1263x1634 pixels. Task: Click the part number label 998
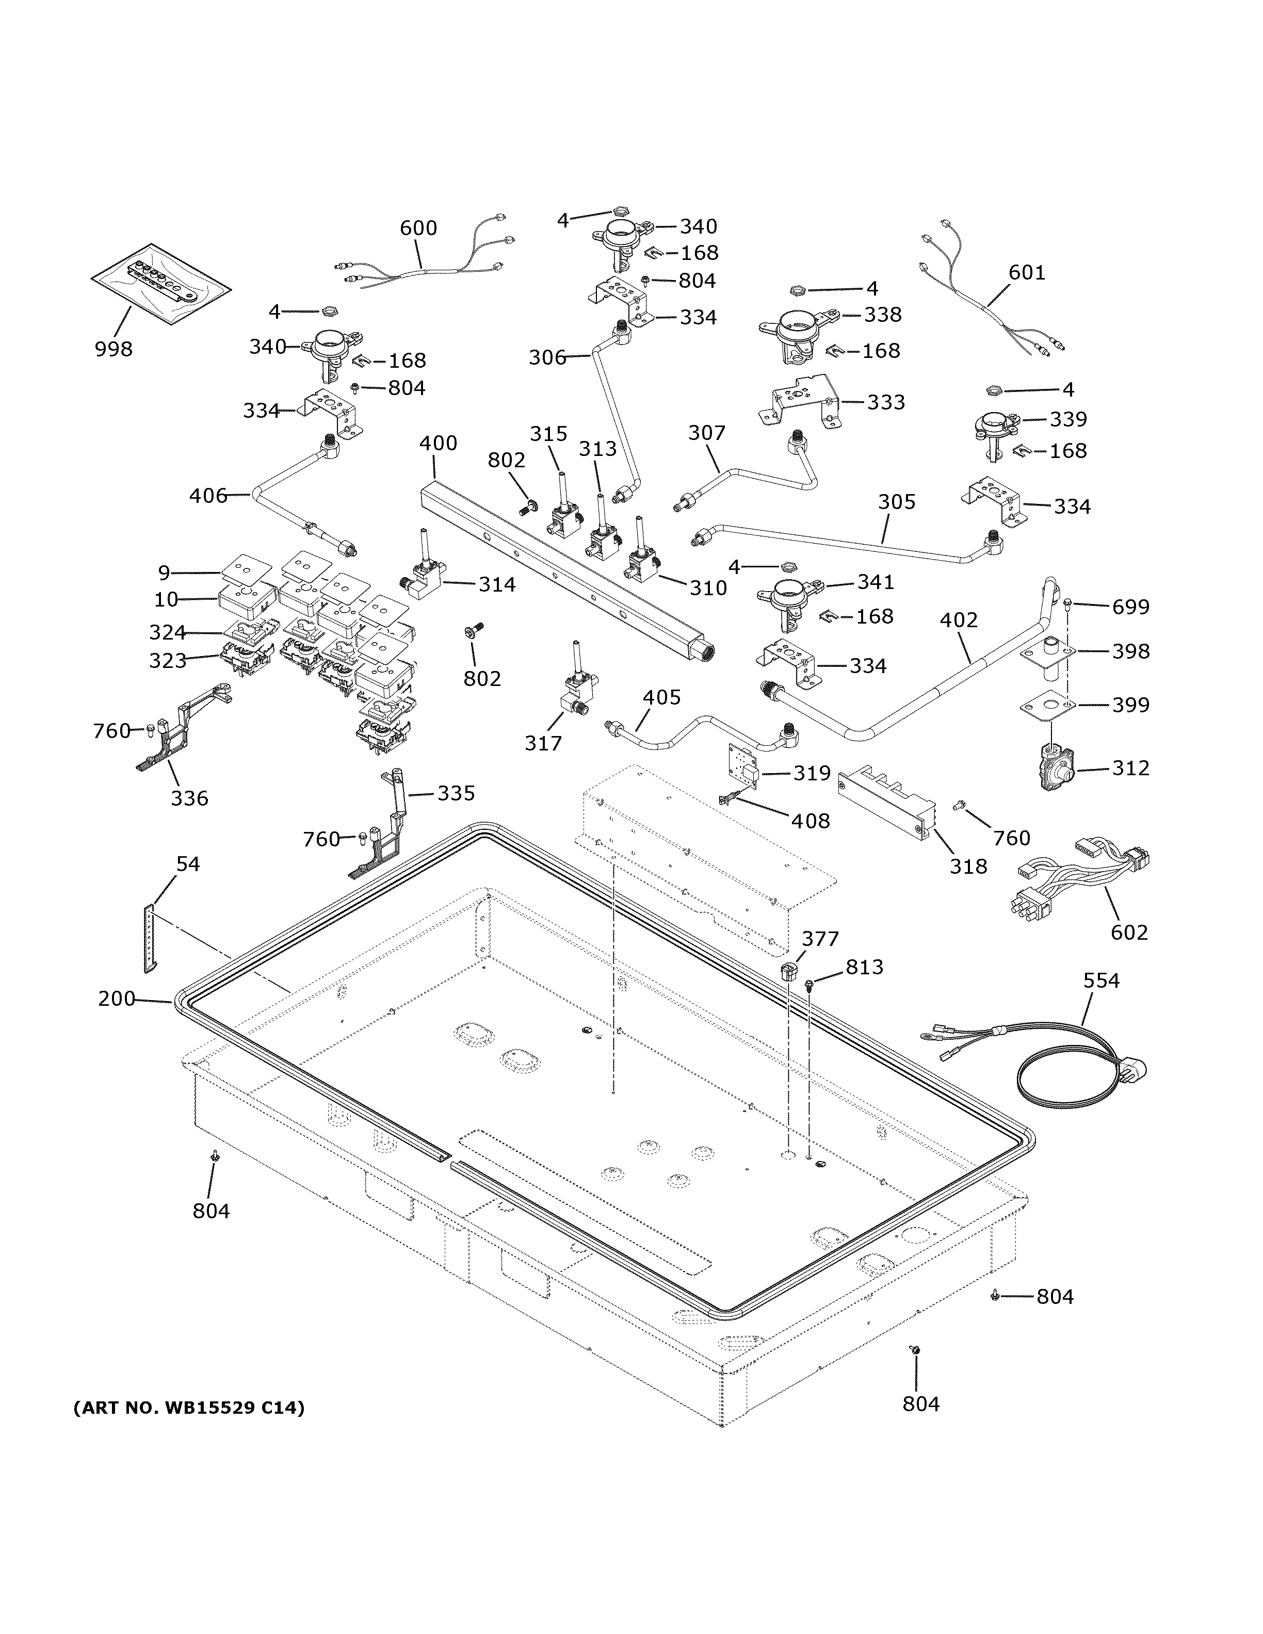113,349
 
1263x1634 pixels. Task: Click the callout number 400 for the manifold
438,443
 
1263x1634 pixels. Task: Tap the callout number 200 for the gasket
116,998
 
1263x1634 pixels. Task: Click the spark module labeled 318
887,800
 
